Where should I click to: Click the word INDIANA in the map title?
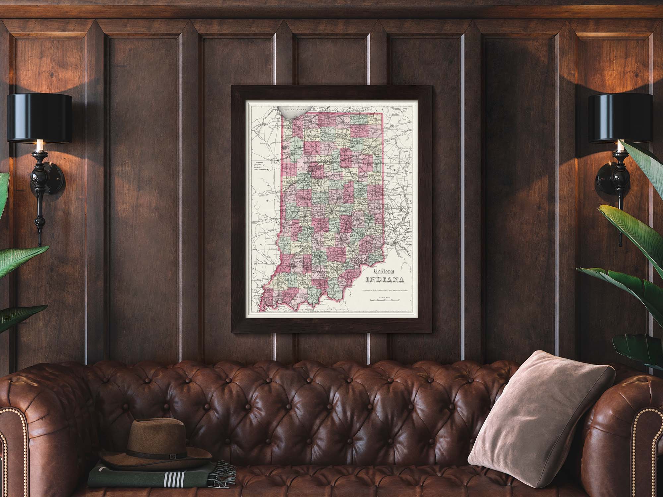pos(385,280)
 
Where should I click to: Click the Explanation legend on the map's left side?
pos(261,166)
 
